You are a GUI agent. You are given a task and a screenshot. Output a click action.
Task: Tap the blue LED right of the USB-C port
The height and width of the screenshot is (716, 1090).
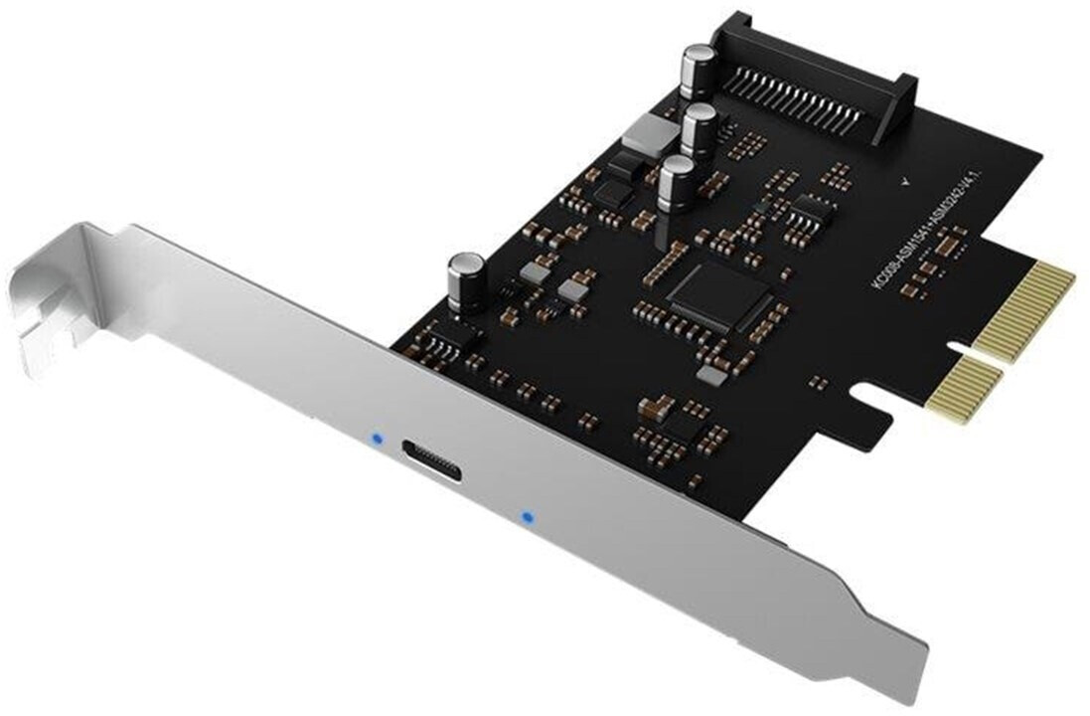pyautogui.click(x=526, y=517)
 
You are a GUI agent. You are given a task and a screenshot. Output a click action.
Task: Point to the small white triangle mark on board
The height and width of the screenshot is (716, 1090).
pyautogui.click(x=901, y=182)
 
